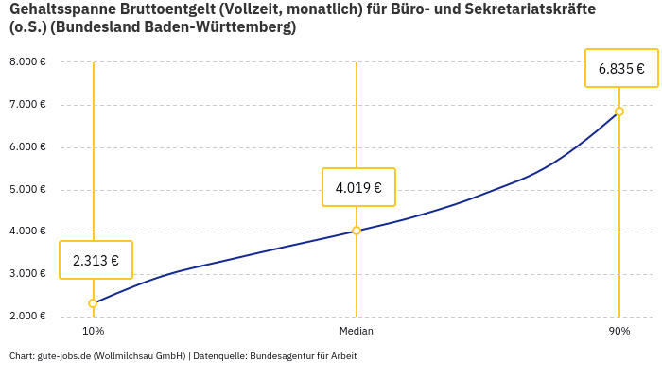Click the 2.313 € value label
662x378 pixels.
96,260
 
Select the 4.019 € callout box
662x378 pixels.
358,187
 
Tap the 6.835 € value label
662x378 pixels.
621,68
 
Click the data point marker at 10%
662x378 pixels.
93,303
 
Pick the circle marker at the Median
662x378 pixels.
357,231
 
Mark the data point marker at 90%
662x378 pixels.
619,112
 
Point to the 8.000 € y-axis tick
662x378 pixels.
27,62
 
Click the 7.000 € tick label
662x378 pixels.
27,105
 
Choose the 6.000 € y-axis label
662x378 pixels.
27,147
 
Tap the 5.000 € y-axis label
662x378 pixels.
27,189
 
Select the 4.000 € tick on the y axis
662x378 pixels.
27,232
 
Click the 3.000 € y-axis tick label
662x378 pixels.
27,274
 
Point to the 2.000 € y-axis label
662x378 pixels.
27,316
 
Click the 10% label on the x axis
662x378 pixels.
94,332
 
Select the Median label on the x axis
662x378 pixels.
357,332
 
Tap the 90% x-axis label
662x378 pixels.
619,332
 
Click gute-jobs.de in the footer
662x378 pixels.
63,356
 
